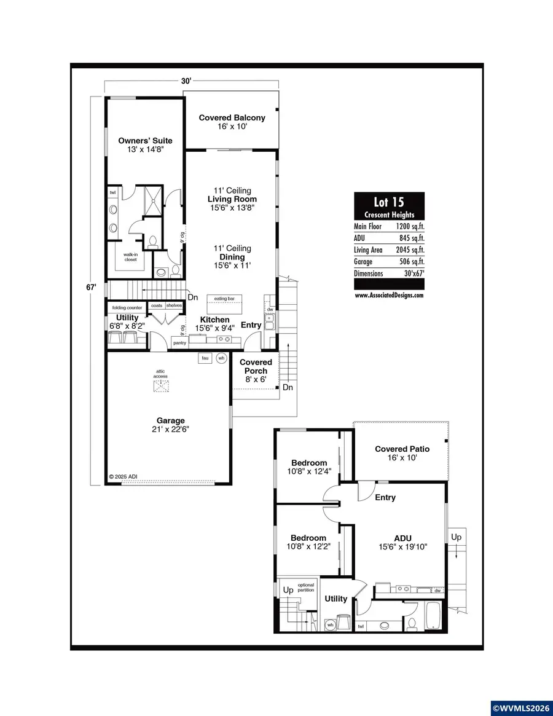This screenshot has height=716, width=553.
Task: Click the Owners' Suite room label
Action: (145, 141)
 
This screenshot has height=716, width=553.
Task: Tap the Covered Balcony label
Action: (232, 117)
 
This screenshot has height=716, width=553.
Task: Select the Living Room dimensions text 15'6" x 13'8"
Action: (232, 208)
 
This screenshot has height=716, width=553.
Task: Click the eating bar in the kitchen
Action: (224, 299)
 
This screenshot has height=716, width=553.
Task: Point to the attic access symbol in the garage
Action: (161, 385)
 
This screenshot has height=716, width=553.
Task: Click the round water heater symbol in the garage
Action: (222, 358)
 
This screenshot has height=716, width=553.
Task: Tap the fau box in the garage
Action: (205, 358)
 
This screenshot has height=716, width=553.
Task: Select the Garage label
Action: (170, 421)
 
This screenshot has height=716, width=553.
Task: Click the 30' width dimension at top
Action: (186, 81)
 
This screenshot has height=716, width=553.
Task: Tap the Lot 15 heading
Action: (389, 202)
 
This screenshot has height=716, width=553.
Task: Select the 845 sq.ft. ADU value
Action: (412, 238)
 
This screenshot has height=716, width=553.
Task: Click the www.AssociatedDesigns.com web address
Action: (389, 295)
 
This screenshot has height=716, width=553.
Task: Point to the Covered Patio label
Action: (402, 449)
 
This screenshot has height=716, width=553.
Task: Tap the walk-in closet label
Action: (130, 256)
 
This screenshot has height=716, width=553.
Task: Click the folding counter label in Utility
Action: (127, 307)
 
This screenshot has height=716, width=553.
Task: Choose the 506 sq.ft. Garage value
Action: (412, 262)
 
